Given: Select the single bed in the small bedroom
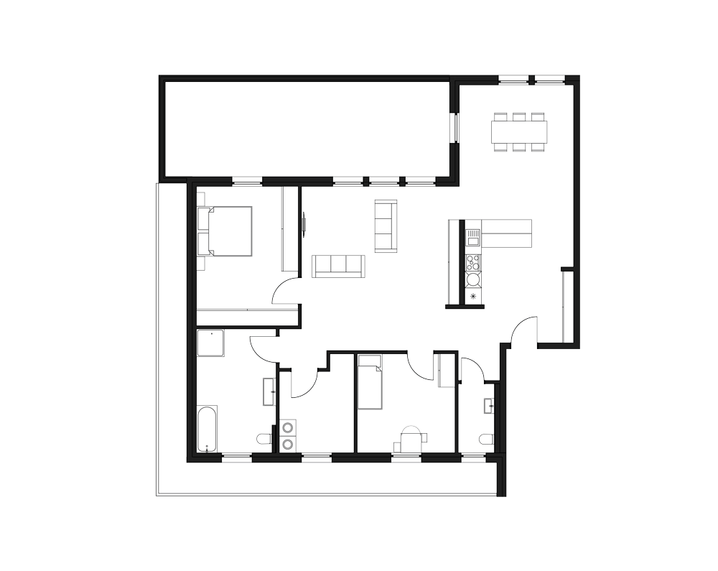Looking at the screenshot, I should [x=371, y=382].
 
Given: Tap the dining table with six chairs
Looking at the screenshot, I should [x=519, y=131].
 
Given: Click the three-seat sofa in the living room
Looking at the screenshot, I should [x=338, y=266].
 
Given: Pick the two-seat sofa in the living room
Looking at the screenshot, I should [x=386, y=226].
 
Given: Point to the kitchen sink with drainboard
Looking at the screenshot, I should [x=472, y=236].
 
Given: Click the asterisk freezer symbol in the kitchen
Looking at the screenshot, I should [x=473, y=296].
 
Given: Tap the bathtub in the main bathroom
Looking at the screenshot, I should [x=207, y=430].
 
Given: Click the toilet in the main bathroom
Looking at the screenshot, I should [x=264, y=438].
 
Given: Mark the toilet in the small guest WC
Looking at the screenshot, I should [x=486, y=439].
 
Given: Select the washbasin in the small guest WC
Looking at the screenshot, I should [x=490, y=407].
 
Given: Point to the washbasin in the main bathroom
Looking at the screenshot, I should [x=269, y=392].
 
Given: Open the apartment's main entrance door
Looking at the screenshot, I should [x=523, y=332].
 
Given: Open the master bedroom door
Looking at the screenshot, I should [x=285, y=292].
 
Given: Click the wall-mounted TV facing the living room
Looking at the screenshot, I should [x=304, y=222].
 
